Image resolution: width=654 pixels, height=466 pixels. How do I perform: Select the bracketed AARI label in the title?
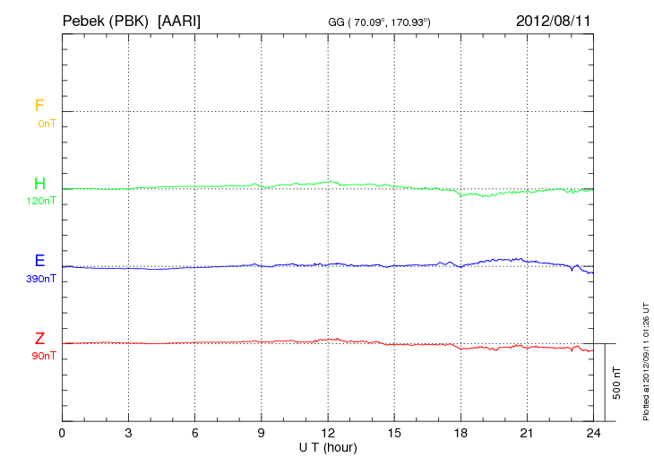click(179, 19)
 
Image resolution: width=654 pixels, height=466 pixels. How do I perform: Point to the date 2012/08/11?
click(554, 19)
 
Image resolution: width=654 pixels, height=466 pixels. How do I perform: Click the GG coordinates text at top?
click(381, 21)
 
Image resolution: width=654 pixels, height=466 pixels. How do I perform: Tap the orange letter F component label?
click(39, 106)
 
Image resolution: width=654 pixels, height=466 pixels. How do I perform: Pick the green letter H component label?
click(39, 184)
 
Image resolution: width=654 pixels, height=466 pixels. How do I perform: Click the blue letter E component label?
click(39, 262)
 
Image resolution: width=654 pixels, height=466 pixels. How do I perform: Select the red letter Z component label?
click(39, 339)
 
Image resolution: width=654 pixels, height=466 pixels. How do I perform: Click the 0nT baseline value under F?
click(46, 123)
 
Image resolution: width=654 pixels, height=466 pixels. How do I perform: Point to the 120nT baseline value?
click(41, 201)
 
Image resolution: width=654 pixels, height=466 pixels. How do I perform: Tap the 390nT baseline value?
click(41, 279)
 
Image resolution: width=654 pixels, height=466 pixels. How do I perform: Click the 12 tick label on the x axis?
click(328, 434)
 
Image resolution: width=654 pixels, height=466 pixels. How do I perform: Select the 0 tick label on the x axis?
click(62, 434)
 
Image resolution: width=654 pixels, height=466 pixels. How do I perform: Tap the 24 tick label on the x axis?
click(593, 434)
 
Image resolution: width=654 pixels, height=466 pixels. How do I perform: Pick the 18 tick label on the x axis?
click(460, 434)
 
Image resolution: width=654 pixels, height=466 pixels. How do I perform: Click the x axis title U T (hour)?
click(328, 447)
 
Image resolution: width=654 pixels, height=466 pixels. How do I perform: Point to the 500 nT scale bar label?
click(617, 383)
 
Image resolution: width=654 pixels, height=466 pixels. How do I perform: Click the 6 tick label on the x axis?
click(195, 434)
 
